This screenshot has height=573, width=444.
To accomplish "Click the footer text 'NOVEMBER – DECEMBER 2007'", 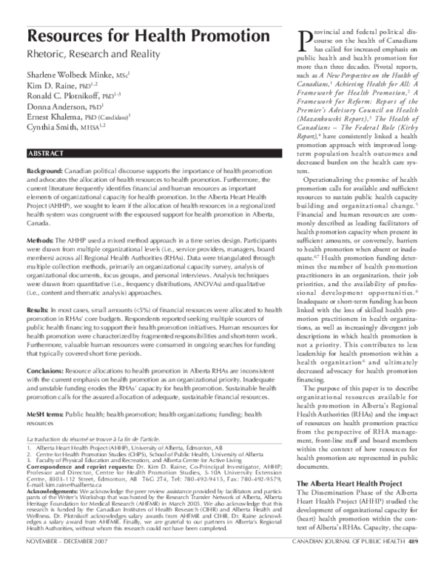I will pos(64,563).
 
